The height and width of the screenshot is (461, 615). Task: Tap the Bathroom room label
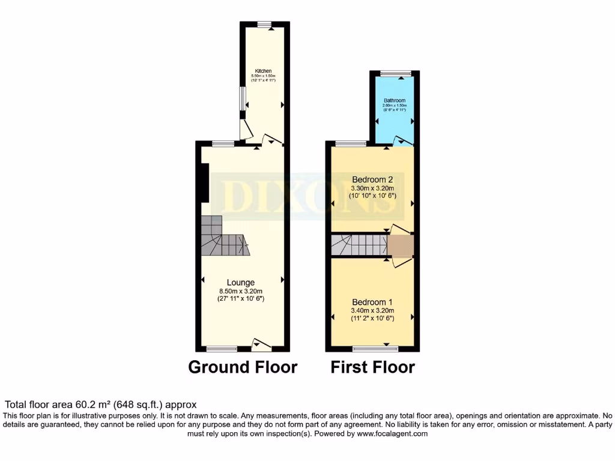(395, 100)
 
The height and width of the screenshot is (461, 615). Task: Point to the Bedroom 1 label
(372, 301)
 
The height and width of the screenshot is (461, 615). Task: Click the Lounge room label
(241, 282)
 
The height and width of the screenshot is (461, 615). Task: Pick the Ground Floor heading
(243, 367)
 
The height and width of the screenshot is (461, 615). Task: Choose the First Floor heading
(372, 367)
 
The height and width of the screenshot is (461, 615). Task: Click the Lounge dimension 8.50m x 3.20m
(241, 291)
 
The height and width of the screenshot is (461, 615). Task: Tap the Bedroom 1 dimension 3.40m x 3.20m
(372, 310)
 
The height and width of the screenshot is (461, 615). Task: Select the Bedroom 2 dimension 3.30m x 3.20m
(372, 188)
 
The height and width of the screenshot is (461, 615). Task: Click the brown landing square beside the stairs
(400, 246)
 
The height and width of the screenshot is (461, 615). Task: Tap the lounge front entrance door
(261, 345)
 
